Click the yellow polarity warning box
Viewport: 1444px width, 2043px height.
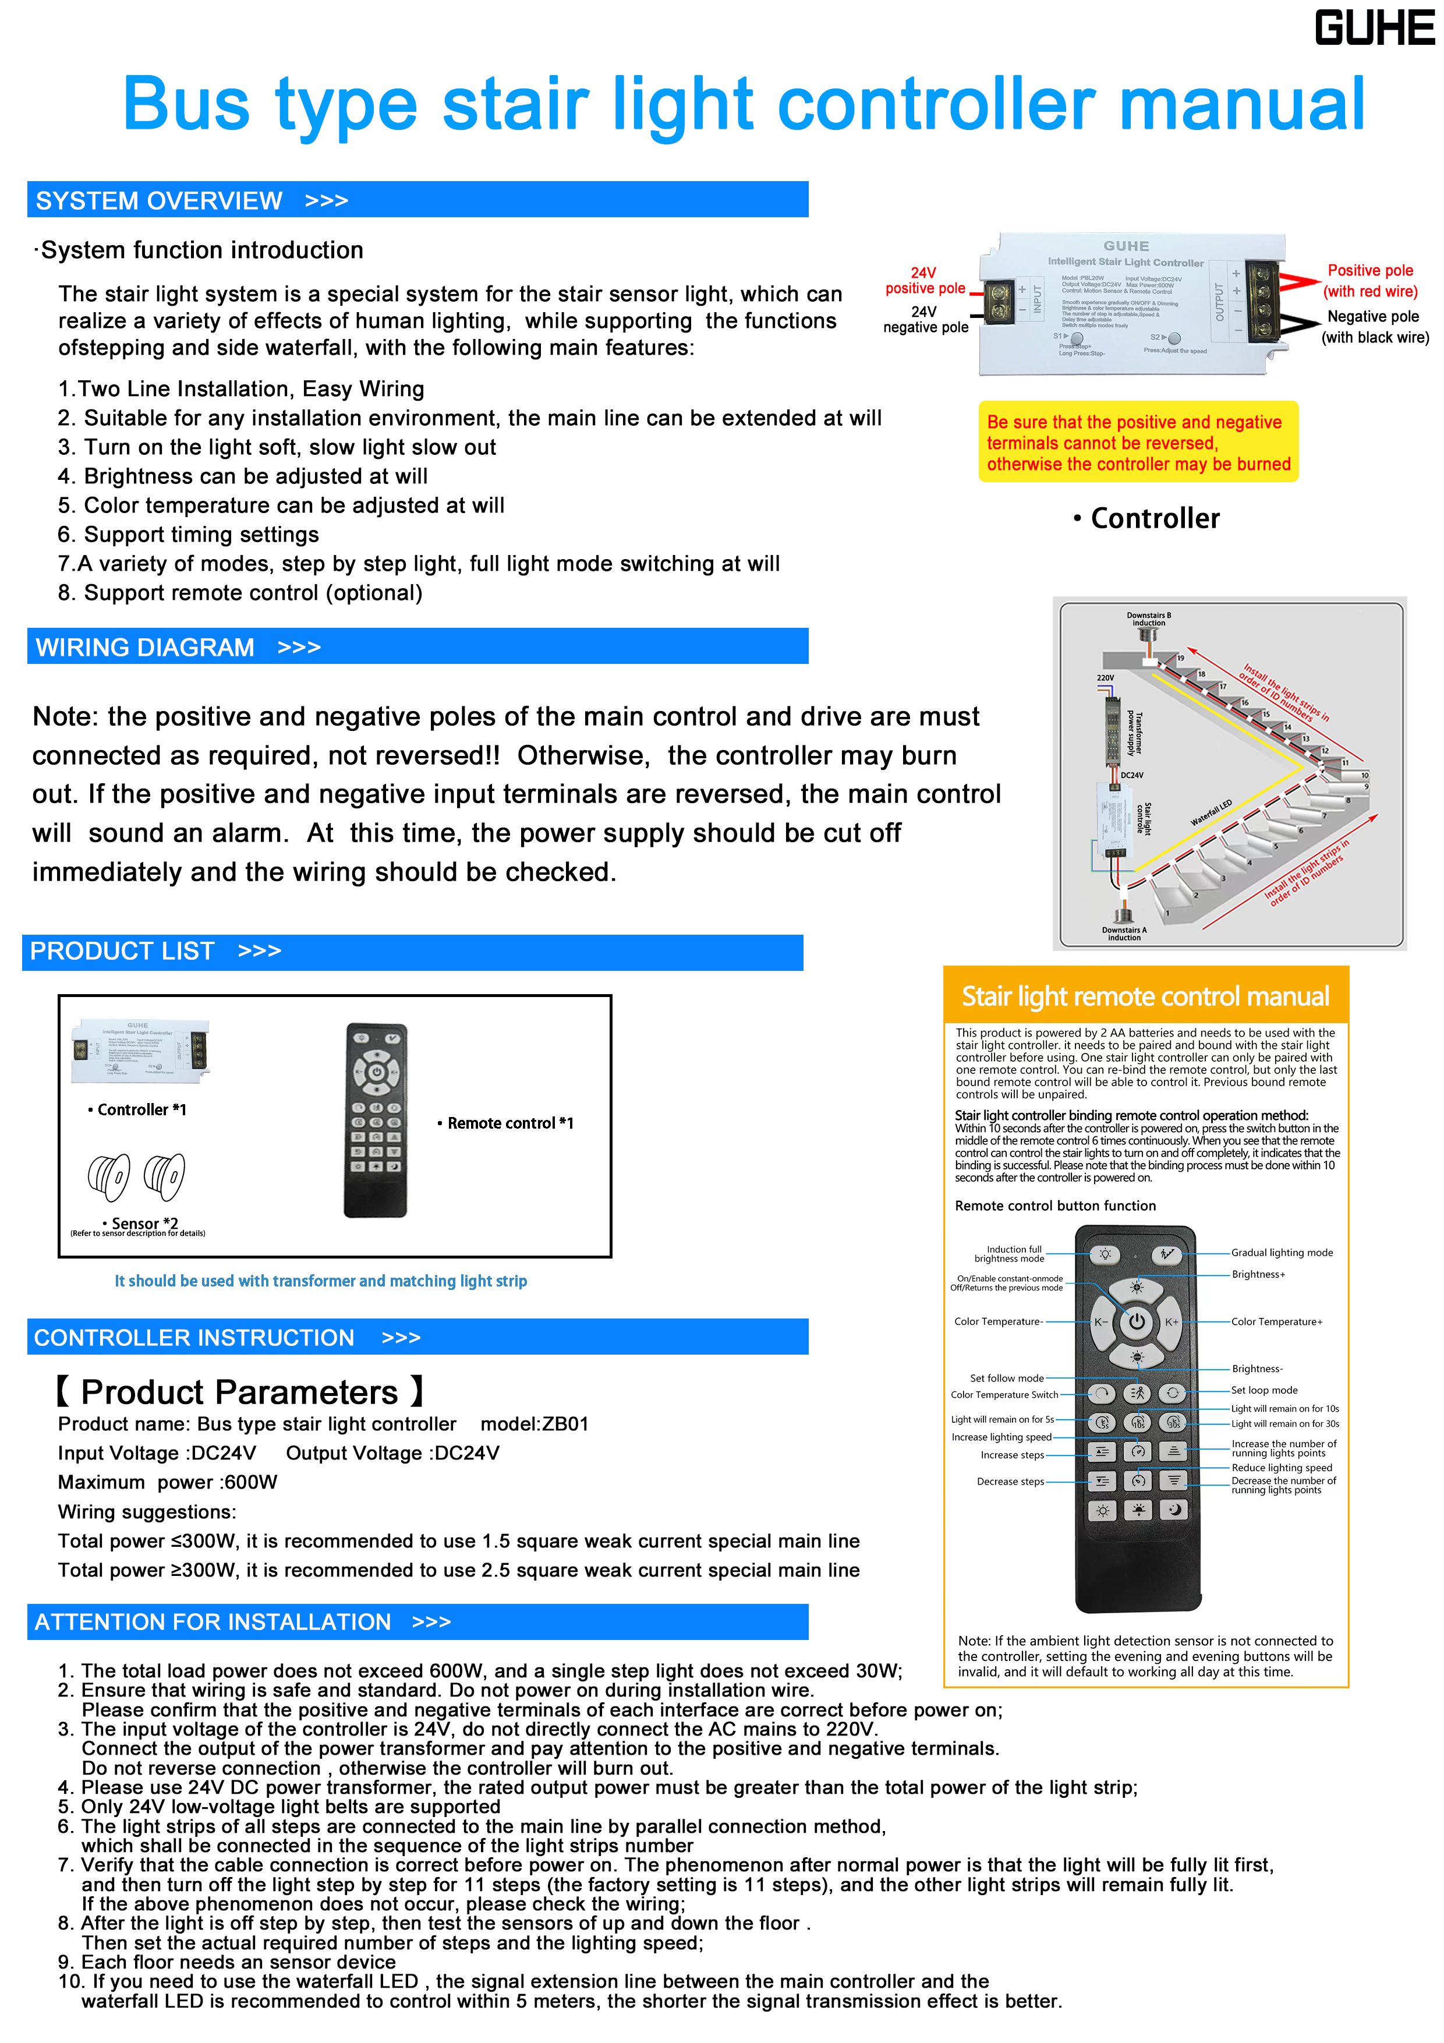[x=1138, y=442]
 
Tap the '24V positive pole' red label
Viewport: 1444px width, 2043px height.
[x=925, y=280]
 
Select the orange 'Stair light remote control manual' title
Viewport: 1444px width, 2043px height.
[x=1145, y=996]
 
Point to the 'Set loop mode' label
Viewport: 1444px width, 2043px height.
[x=1264, y=1390]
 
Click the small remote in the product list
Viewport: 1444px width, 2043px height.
[x=376, y=1121]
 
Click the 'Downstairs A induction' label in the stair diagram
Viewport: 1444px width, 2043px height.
[x=1124, y=934]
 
